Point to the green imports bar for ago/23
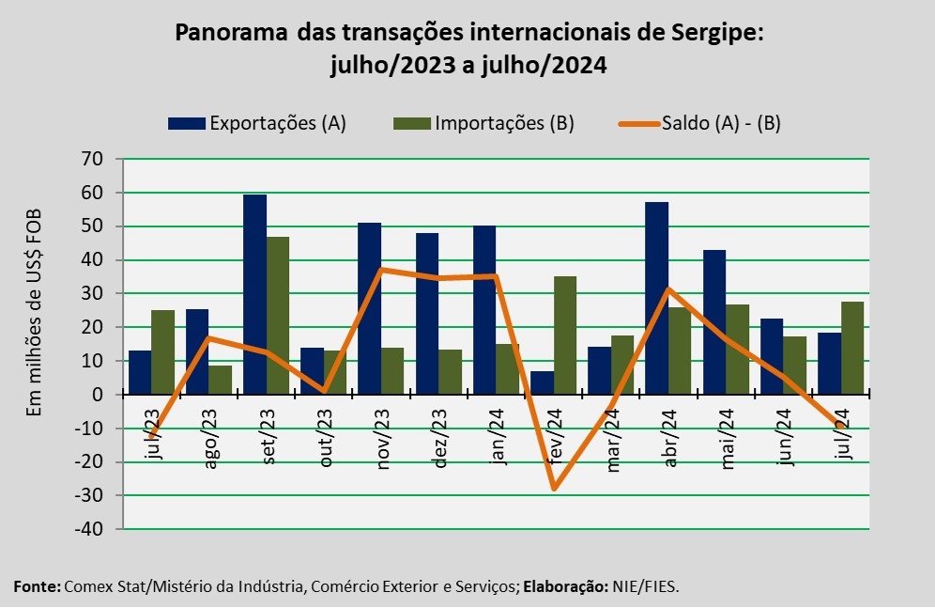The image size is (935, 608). coord(220,380)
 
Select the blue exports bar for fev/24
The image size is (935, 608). coord(542,382)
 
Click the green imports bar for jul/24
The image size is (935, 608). coord(852,348)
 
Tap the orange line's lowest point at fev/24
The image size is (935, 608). coord(555,489)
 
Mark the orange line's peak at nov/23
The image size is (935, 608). coord(381,270)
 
